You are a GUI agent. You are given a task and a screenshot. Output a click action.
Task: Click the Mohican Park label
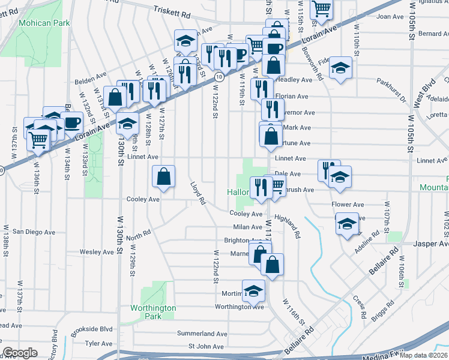click(x=44, y=23)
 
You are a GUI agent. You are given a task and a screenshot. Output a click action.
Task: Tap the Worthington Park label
click(x=154, y=312)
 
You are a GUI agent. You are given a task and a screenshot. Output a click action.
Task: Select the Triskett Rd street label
click(x=172, y=10)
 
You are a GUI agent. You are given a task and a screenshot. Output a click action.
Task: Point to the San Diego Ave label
click(x=34, y=232)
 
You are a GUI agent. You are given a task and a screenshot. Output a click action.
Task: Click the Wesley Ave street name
click(x=97, y=252)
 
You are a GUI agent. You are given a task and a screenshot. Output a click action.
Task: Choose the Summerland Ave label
click(x=202, y=333)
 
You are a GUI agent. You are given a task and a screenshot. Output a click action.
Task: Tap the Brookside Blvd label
click(x=91, y=329)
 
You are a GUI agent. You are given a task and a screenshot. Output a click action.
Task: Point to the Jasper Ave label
click(x=432, y=244)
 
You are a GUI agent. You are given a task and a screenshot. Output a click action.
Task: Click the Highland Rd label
click(x=287, y=226)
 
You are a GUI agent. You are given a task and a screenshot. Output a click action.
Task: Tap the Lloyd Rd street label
click(x=198, y=193)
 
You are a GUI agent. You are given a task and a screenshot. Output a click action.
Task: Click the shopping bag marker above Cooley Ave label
click(x=163, y=178)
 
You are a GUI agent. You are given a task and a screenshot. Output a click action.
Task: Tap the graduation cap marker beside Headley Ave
click(x=340, y=68)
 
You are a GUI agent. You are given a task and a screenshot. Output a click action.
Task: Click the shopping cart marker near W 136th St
click(x=38, y=140)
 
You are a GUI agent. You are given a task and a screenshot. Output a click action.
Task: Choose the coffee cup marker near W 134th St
click(x=73, y=123)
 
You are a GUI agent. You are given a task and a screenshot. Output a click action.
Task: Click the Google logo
click(x=20, y=353)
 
